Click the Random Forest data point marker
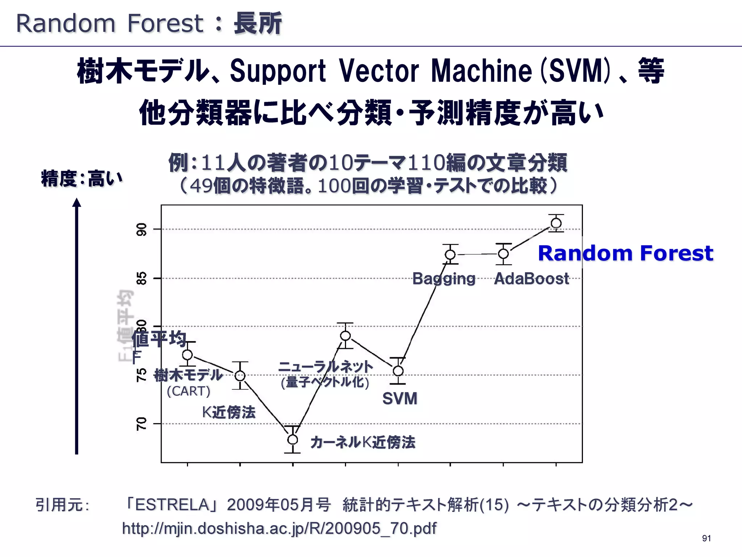click(556, 223)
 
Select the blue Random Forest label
click(626, 253)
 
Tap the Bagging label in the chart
click(444, 278)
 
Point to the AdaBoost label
click(532, 278)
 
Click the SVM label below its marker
click(400, 399)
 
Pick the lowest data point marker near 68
click(293, 440)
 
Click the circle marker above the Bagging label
click(450, 255)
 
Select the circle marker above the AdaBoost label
click(503, 254)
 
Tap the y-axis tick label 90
click(142, 229)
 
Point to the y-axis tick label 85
click(142, 278)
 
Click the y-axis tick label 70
click(142, 424)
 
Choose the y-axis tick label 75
click(142, 375)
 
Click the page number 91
click(706, 538)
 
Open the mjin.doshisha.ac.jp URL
click(279, 528)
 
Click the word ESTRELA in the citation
click(172, 504)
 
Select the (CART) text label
click(188, 391)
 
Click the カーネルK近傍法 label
click(363, 442)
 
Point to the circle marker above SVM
click(398, 371)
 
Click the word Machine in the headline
click(481, 71)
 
